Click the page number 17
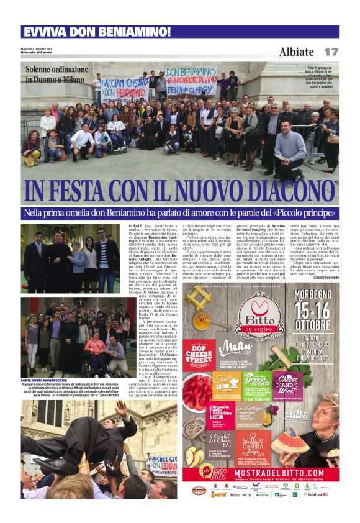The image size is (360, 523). [331, 52]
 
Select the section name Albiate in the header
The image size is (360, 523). [296, 52]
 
